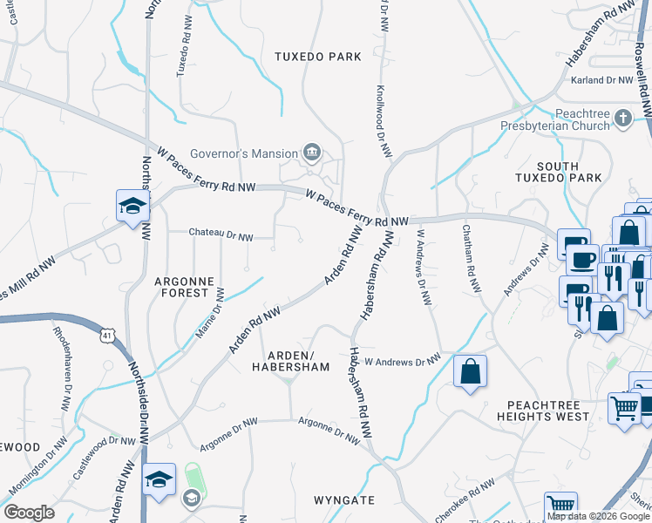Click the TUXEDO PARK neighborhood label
tap(317, 57)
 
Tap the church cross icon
tap(622, 117)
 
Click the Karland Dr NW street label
tap(600, 80)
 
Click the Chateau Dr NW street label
tap(221, 235)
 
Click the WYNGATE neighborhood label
tap(344, 500)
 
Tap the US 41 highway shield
tap(106, 335)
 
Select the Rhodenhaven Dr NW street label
tap(62, 370)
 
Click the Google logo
tap(29, 513)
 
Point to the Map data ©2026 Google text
tap(598, 516)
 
